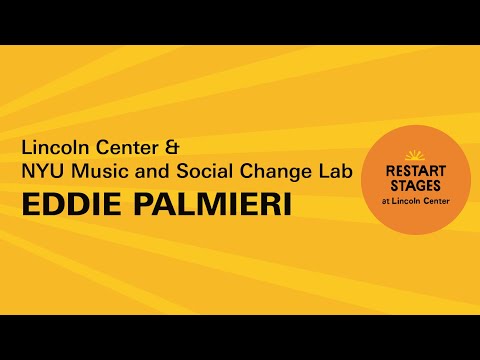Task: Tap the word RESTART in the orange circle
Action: point(413,170)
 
